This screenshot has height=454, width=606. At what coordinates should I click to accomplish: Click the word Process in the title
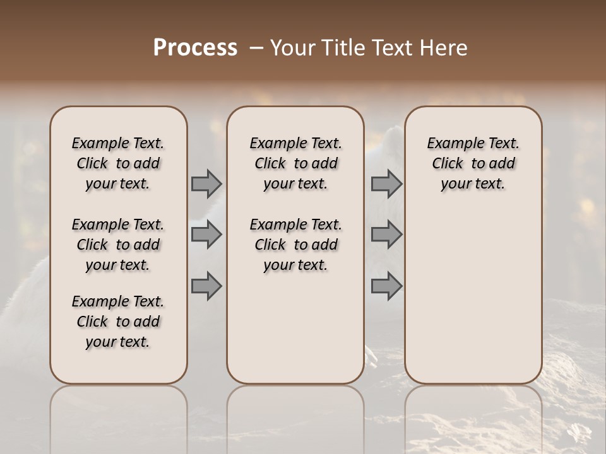coord(195,48)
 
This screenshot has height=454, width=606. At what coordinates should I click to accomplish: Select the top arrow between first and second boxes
coord(206,183)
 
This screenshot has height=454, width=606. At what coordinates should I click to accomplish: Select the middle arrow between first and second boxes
coord(206,235)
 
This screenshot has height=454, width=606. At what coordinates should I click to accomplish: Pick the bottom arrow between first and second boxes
coord(206,286)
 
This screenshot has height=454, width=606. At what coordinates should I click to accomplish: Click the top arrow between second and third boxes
coord(386,183)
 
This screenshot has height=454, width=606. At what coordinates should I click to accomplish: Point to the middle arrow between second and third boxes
coord(386,235)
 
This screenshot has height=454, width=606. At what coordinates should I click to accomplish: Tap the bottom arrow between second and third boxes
coord(386,286)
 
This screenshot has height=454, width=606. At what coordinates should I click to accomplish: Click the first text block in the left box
coord(118,163)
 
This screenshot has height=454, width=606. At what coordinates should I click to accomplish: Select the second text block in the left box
coord(118,245)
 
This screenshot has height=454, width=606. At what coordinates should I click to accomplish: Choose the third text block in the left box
coord(118,322)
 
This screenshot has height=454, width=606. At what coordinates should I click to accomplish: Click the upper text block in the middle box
coord(295,163)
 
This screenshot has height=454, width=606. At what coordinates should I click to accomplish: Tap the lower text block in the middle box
coord(295,245)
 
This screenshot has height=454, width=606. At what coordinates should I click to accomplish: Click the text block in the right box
coord(473,163)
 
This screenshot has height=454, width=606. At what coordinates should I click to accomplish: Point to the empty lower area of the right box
coord(473,296)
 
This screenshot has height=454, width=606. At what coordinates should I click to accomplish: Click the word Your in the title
coord(292,48)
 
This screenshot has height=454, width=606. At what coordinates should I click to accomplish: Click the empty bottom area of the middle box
coord(295,334)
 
